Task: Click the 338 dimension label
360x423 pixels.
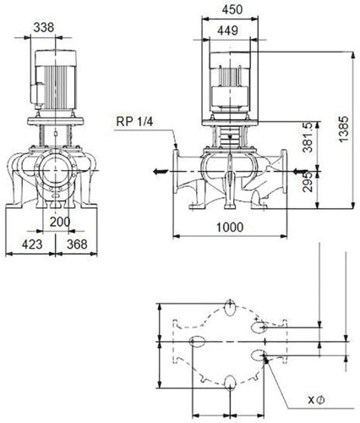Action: tap(44, 28)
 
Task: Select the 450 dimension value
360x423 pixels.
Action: tap(232, 9)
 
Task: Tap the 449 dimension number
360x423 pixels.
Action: tap(227, 30)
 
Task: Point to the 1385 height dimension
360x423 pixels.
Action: tap(344, 129)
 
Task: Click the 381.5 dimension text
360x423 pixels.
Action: tap(308, 137)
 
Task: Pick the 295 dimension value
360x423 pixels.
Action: tap(308, 182)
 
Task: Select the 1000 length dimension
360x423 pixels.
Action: tap(230, 227)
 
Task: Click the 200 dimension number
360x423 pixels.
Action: tap(60, 222)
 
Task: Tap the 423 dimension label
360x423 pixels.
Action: tap(32, 244)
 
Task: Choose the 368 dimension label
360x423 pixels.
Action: tap(77, 244)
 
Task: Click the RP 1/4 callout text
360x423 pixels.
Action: tap(134, 122)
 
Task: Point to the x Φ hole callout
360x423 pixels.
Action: tap(316, 399)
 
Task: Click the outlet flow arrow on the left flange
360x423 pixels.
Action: tap(161, 171)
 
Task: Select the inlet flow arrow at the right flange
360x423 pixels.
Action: tap(300, 171)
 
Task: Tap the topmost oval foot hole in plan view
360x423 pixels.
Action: tap(231, 308)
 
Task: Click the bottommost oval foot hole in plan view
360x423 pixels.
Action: tap(231, 383)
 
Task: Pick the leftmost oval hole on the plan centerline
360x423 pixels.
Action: tap(197, 342)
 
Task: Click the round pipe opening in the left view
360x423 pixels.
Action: tap(56, 171)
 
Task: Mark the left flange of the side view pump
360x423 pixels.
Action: tap(176, 171)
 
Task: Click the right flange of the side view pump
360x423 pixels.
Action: tap(284, 171)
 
